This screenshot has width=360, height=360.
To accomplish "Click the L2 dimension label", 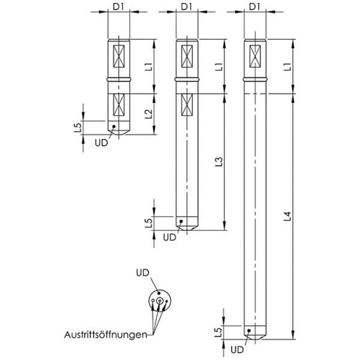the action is [x=149, y=114].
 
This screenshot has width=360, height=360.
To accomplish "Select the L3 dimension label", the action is [x=219, y=162].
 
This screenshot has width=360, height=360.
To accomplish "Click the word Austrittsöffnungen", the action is [x=106, y=335].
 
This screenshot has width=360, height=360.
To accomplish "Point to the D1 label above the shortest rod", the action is [x=118, y=7].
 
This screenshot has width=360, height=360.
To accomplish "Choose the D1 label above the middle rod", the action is [x=187, y=7].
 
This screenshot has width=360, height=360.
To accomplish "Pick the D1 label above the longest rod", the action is [x=254, y=7].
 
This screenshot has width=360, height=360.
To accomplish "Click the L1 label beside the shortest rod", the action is [x=149, y=67].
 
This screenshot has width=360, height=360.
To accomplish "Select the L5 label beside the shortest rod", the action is [x=78, y=128].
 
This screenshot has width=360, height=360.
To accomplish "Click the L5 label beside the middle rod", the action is [x=149, y=223].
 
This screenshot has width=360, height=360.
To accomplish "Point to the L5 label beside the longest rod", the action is [x=218, y=332].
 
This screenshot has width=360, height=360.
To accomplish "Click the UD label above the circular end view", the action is [x=143, y=273].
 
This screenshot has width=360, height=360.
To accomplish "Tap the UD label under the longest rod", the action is [x=237, y=350].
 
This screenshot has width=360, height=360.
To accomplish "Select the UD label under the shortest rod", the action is [x=101, y=143].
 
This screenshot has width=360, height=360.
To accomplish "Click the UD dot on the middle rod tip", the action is [x=181, y=221].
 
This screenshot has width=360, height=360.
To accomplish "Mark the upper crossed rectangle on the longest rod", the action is [x=255, y=56].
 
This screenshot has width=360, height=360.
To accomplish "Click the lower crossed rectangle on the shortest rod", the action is [x=119, y=104].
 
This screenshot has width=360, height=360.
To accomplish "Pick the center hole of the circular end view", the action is [x=159, y=301].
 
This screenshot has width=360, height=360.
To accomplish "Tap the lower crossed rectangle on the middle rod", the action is [x=187, y=104].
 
